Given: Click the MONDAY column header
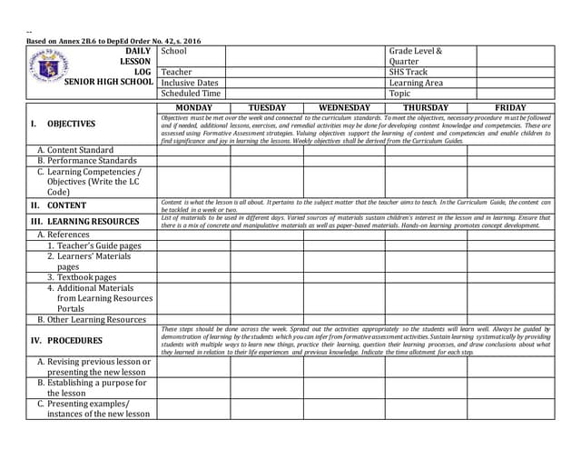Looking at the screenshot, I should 193,107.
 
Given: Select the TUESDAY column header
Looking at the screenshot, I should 267,107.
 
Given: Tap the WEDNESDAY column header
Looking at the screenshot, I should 344,107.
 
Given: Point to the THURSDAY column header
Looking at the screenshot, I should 425,107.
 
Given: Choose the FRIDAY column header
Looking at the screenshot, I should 509,107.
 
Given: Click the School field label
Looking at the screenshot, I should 173,51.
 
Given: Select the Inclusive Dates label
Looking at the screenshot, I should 190,83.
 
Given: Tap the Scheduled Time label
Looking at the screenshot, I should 191,94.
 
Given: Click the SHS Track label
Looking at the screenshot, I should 408,72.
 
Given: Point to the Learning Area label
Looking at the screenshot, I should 416,83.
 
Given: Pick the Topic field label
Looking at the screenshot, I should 399,94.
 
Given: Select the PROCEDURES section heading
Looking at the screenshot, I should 74,341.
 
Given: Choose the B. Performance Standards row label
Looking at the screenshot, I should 86,161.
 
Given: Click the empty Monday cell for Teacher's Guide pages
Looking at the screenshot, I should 193,245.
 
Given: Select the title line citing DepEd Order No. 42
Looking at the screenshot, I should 113,41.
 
